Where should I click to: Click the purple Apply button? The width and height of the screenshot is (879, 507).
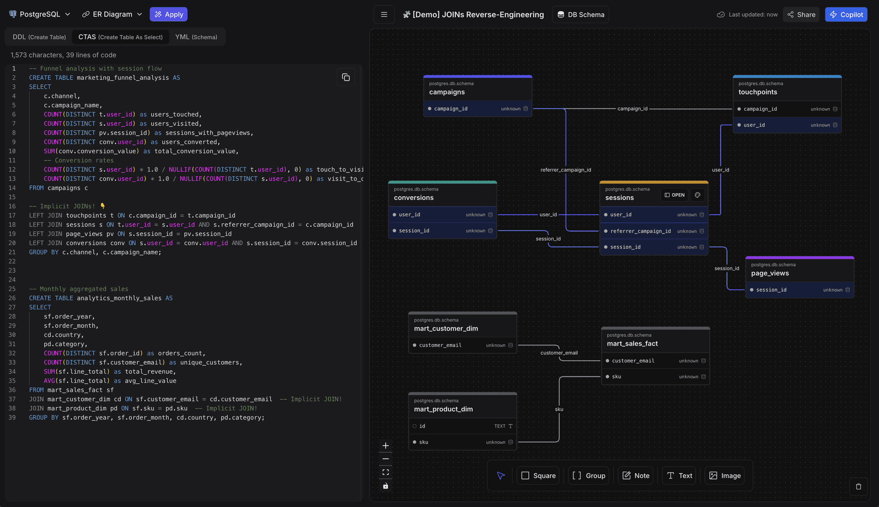[x=168, y=14]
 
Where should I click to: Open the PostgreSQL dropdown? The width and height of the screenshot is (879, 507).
[x=39, y=14]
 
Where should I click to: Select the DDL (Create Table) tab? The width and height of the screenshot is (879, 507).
[x=39, y=37]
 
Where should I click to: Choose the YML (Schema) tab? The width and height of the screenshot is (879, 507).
[x=196, y=37]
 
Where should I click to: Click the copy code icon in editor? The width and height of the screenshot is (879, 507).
[x=346, y=77]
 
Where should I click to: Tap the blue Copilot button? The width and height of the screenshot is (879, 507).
[x=846, y=15]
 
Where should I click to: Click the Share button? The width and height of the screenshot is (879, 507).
[x=801, y=15]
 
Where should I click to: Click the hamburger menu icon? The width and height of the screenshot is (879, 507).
[x=384, y=15]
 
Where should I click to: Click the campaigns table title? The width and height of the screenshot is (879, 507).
[x=447, y=92]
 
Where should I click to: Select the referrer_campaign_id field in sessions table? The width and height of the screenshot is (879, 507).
[x=640, y=231]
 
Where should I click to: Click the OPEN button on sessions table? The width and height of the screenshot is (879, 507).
[x=674, y=195]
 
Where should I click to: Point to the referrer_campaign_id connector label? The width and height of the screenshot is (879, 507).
[x=565, y=170]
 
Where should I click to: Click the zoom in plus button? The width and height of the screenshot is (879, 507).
[x=385, y=446]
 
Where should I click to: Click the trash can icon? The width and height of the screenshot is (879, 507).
[x=858, y=486]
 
